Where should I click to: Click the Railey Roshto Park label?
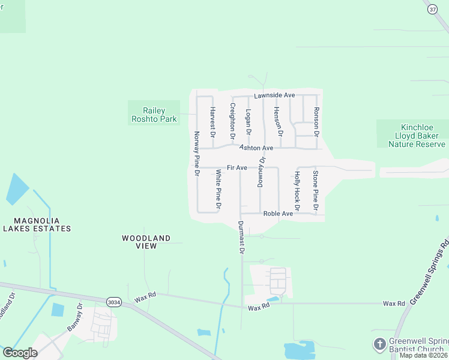point(154,115)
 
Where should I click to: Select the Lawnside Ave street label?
point(274,95)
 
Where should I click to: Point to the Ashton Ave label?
point(256,148)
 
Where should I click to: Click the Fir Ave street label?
point(237,167)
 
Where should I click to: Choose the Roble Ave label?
point(278,214)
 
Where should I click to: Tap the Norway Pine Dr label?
point(196,153)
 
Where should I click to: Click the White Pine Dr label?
point(219,190)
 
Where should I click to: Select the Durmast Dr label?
point(241,238)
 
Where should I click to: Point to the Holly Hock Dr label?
point(297,186)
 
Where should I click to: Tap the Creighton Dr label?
point(232,122)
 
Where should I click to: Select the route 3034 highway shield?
point(113,302)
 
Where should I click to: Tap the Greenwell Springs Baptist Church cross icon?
point(379,344)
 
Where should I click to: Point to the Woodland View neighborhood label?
point(146,242)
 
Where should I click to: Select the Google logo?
point(20,353)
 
